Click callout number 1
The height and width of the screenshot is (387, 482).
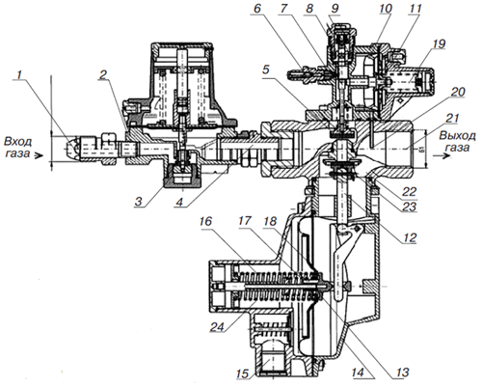(20, 75)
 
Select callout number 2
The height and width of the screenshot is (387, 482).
(103, 75)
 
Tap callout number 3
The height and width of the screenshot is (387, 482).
(138, 202)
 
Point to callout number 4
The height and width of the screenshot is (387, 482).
(179, 202)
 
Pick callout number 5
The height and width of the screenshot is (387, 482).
(265, 69)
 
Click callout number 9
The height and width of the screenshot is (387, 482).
(335, 9)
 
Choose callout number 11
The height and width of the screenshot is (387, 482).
(415, 9)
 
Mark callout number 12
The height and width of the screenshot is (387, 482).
(410, 237)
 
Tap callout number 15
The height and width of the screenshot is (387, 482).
(242, 373)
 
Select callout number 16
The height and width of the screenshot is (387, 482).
(205, 221)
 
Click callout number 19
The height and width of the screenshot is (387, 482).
(439, 44)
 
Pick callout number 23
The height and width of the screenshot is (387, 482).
(409, 207)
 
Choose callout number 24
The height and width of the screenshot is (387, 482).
(217, 327)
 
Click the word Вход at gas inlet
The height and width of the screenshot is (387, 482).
(17, 142)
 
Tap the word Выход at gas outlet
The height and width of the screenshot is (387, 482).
(457, 136)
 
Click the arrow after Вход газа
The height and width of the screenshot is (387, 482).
(39, 156)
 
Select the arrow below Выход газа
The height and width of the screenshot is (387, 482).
(442, 155)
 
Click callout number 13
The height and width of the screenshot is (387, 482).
(402, 373)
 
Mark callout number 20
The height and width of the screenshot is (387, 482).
(458, 93)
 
